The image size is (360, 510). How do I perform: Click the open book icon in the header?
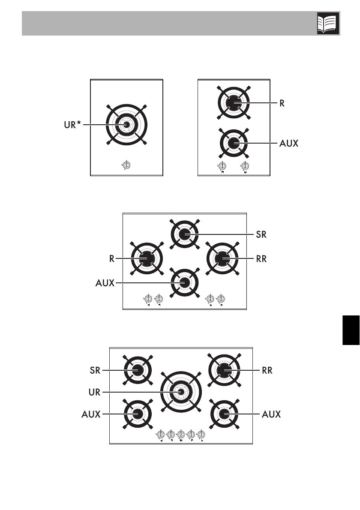pyautogui.click(x=328, y=23)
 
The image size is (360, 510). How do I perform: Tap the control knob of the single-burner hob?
pyautogui.click(x=127, y=165)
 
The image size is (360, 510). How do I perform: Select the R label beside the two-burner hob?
pyautogui.click(x=282, y=103)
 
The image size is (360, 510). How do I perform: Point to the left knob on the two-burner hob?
pyautogui.click(x=222, y=166)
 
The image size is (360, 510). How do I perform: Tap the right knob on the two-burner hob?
pyautogui.click(x=245, y=166)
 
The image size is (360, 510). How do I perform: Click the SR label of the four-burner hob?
pyautogui.click(x=261, y=234)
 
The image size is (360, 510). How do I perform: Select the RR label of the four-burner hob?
pyautogui.click(x=261, y=259)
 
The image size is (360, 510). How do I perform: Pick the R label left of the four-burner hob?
pyautogui.click(x=111, y=259)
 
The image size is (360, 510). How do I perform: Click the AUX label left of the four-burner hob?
pyautogui.click(x=105, y=283)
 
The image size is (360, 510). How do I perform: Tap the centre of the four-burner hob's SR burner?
pyautogui.click(x=184, y=234)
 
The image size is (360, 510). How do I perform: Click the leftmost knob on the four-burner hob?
pyautogui.click(x=148, y=298)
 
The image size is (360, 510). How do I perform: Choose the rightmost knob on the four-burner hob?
pyautogui.click(x=221, y=298)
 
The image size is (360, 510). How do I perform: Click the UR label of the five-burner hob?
pyautogui.click(x=95, y=391)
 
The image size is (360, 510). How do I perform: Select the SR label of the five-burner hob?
pyautogui.click(x=95, y=369)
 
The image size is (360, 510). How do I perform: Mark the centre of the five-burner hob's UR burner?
pyautogui.click(x=181, y=391)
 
